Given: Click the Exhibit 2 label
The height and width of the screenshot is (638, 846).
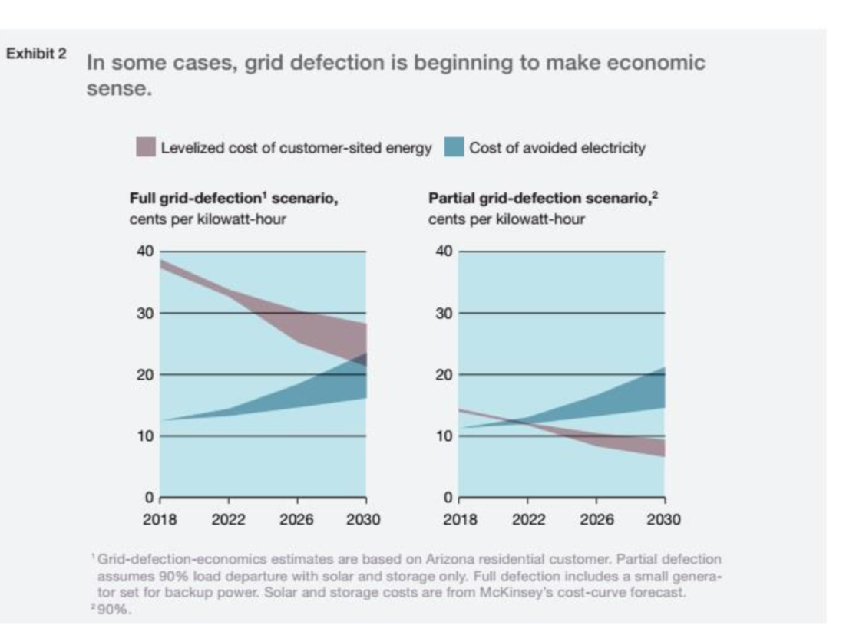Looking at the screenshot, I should (x=37, y=54).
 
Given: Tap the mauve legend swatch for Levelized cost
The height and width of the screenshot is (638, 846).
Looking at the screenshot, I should (x=146, y=147).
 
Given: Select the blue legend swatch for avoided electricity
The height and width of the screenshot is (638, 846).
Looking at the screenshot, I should (x=454, y=147).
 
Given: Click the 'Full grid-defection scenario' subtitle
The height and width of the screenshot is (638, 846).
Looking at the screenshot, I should (x=234, y=199).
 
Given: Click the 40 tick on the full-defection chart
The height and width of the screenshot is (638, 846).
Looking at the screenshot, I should (x=146, y=252).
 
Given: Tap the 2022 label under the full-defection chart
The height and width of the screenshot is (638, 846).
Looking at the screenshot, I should (x=228, y=520).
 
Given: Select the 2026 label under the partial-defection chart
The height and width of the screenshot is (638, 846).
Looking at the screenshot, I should (x=596, y=520).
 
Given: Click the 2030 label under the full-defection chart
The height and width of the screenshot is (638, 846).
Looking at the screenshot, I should (x=363, y=520).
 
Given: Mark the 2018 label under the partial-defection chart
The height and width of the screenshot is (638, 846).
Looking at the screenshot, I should (x=461, y=520).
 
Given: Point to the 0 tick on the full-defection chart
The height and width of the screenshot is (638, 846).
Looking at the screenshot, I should (x=150, y=498).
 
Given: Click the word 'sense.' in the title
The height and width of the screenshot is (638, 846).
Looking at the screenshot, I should (x=121, y=90).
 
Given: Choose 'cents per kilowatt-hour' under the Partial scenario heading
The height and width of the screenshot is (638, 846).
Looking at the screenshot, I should (x=507, y=219).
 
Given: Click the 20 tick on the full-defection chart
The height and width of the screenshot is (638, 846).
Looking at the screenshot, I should (x=146, y=375).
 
